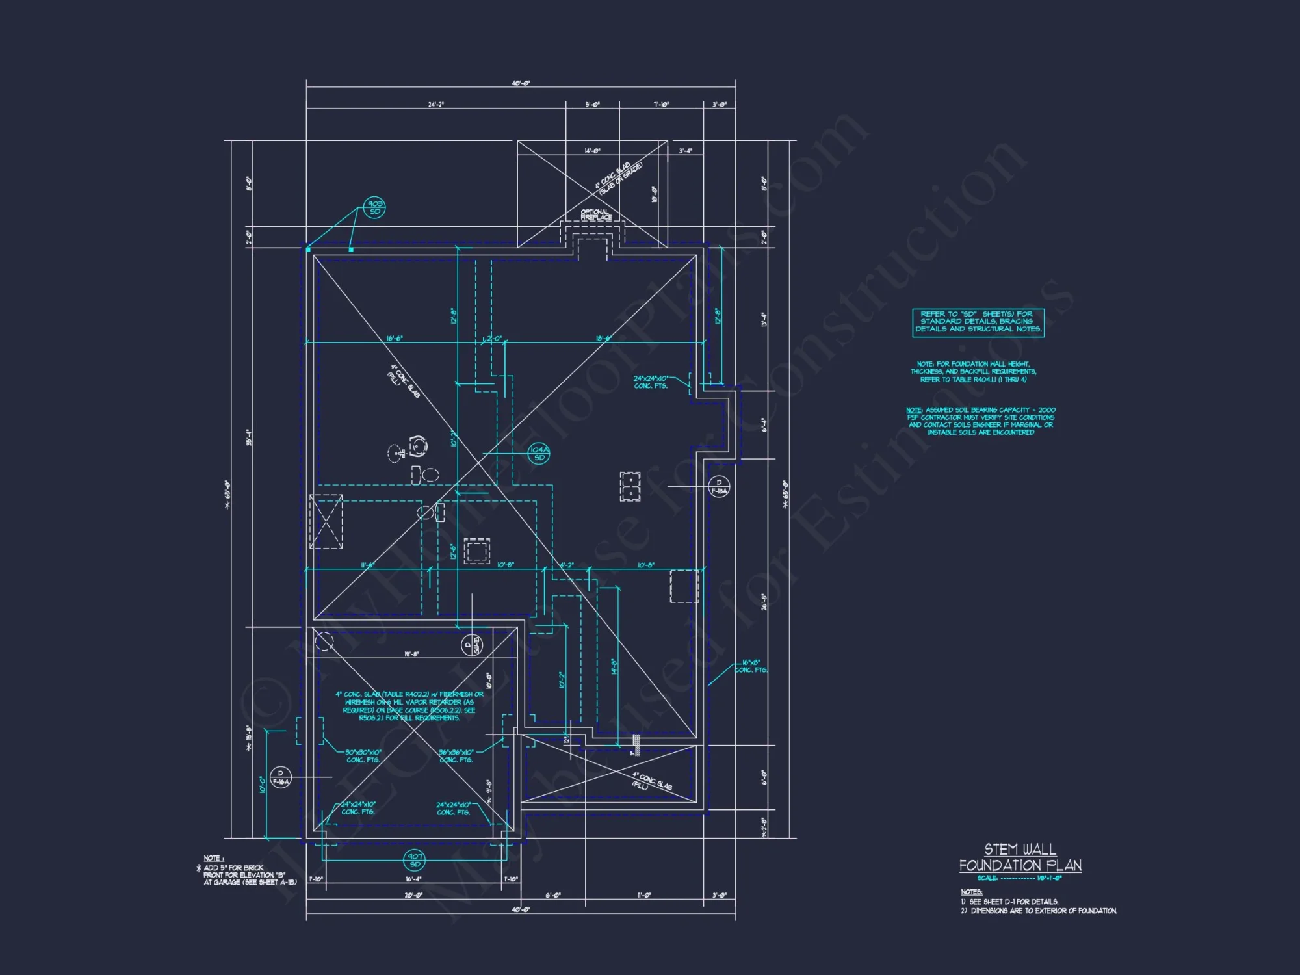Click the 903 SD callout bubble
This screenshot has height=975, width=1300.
pyautogui.click(x=374, y=208)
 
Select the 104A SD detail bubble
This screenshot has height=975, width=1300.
pyautogui.click(x=539, y=454)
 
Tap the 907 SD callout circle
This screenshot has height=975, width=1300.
pyautogui.click(x=415, y=860)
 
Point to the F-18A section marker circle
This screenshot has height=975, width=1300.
pyautogui.click(x=719, y=487)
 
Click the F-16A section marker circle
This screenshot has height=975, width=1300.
pyautogui.click(x=281, y=777)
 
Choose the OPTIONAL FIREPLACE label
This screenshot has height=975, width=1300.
pyautogui.click(x=595, y=214)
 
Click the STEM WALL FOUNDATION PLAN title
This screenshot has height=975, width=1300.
pyautogui.click(x=1020, y=858)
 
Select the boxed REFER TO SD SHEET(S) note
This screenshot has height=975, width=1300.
pyautogui.click(x=978, y=322)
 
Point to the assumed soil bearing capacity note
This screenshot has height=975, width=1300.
pyautogui.click(x=980, y=421)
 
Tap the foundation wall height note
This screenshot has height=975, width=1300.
pyautogui.click(x=973, y=372)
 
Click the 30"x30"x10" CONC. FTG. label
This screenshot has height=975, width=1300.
pyautogui.click(x=363, y=756)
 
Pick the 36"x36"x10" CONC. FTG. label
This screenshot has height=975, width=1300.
pyautogui.click(x=456, y=756)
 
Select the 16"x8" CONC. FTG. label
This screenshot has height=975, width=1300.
pyautogui.click(x=751, y=666)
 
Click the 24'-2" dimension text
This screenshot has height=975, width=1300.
pyautogui.click(x=435, y=105)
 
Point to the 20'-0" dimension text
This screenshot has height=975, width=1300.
pyautogui.click(x=413, y=895)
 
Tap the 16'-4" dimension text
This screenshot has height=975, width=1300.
pyautogui.click(x=413, y=879)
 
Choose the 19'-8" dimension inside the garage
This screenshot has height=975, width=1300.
pyautogui.click(x=411, y=654)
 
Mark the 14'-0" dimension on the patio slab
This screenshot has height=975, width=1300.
pyautogui.click(x=592, y=151)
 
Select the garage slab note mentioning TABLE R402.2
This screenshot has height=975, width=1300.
pyautogui.click(x=409, y=706)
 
